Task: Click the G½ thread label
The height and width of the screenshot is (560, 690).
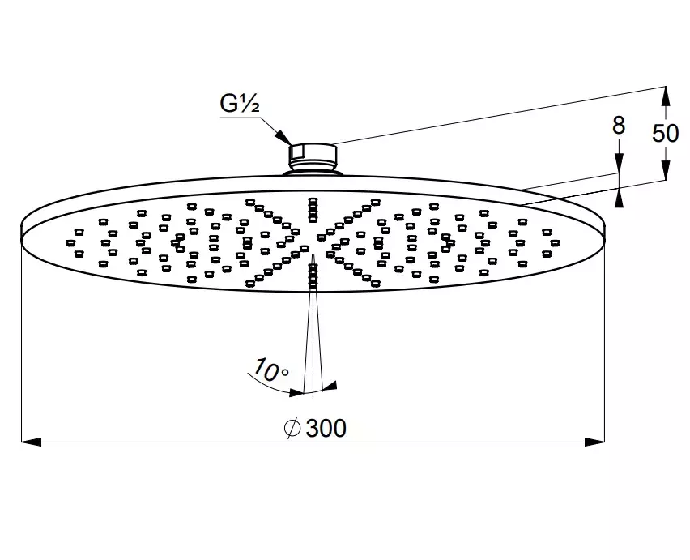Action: pyautogui.click(x=241, y=105)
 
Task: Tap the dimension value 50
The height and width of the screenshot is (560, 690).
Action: pyautogui.click(x=665, y=132)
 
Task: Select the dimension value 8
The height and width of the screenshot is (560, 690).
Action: pyautogui.click(x=619, y=125)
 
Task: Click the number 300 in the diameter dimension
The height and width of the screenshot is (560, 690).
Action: pyautogui.click(x=326, y=428)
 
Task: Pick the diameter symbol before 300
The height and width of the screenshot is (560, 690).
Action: pyautogui.click(x=293, y=428)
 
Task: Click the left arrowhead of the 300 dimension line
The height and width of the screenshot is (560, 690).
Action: pyautogui.click(x=30, y=442)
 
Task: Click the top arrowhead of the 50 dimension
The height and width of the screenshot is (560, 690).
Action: pyautogui.click(x=665, y=96)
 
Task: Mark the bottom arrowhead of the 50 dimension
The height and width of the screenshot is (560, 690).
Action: pyautogui.click(x=665, y=171)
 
